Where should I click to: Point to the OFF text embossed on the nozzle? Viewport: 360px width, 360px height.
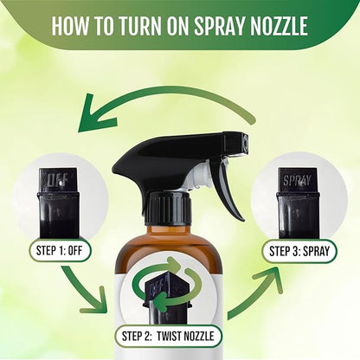tap(57, 183)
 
